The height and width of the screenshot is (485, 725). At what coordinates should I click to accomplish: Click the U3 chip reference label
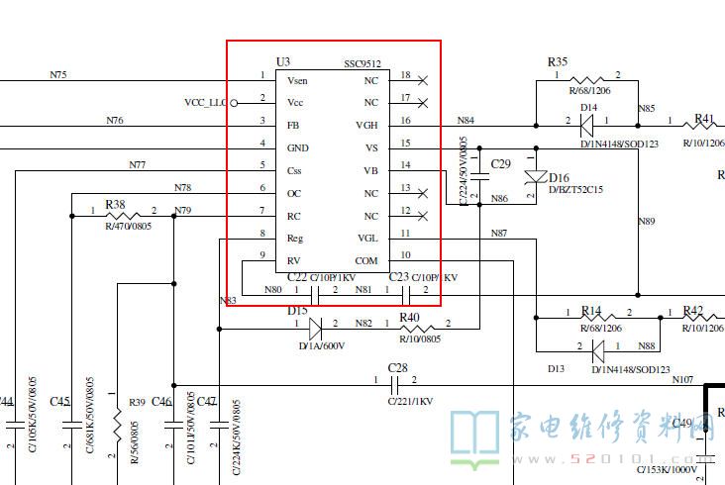point(283,61)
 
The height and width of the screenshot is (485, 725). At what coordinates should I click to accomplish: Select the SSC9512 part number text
point(362,62)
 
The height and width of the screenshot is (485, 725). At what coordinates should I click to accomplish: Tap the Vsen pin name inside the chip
point(297,79)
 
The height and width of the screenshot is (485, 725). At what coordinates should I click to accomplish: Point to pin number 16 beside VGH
point(406,121)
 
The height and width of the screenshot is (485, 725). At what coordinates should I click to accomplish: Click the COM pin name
point(366,260)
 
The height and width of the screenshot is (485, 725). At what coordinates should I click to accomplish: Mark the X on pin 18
point(423,79)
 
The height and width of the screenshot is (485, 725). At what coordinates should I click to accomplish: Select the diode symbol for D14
point(587,126)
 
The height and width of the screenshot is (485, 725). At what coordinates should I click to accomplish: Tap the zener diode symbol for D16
point(536,177)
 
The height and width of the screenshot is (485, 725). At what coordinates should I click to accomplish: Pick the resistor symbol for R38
point(124,216)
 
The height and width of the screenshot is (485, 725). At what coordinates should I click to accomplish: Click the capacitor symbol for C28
point(396,381)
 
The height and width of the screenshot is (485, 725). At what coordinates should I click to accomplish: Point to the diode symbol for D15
point(315,325)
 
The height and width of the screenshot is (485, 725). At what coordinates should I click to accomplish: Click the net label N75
point(58,73)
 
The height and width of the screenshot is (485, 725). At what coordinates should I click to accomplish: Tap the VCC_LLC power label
point(206,102)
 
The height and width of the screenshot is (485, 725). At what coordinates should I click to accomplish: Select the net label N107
point(683,379)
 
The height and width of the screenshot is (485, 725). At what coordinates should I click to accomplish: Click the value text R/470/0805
point(129,227)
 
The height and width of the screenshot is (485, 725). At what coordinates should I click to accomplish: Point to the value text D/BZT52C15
point(575,188)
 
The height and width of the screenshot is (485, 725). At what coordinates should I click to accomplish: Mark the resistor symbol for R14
point(592,319)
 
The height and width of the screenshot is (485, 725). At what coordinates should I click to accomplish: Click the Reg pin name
point(295,238)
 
